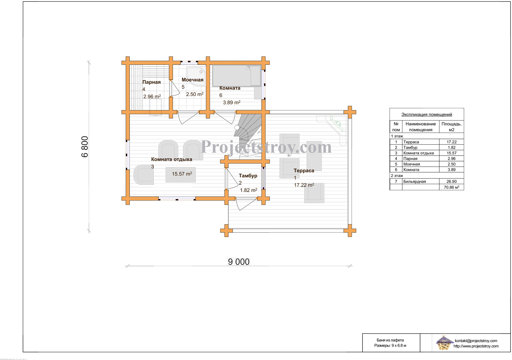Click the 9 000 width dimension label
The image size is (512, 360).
tap(239, 262)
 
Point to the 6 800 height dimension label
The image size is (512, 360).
tap(85, 147)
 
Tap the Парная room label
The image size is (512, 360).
tap(152, 82)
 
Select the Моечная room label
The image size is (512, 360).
tap(192, 80)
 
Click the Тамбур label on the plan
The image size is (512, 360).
tap(248, 176)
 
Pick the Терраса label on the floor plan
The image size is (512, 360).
tap(304, 171)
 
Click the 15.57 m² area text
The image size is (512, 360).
tap(182, 174)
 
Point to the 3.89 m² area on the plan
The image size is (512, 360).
tap(232, 103)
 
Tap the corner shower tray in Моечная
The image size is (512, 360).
tap(196, 76)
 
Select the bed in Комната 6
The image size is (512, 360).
tap(236, 76)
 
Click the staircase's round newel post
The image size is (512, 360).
tap(237, 128)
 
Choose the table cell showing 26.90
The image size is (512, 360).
tap(451, 181)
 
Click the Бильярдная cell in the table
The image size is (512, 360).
tap(420, 181)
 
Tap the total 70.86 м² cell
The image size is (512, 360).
tap(451, 187)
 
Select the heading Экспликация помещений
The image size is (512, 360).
tap(426, 115)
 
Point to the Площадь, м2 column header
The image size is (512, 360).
tap(451, 127)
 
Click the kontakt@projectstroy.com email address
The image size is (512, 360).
tap(476, 340)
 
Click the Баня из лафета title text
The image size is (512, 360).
tap(390, 340)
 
